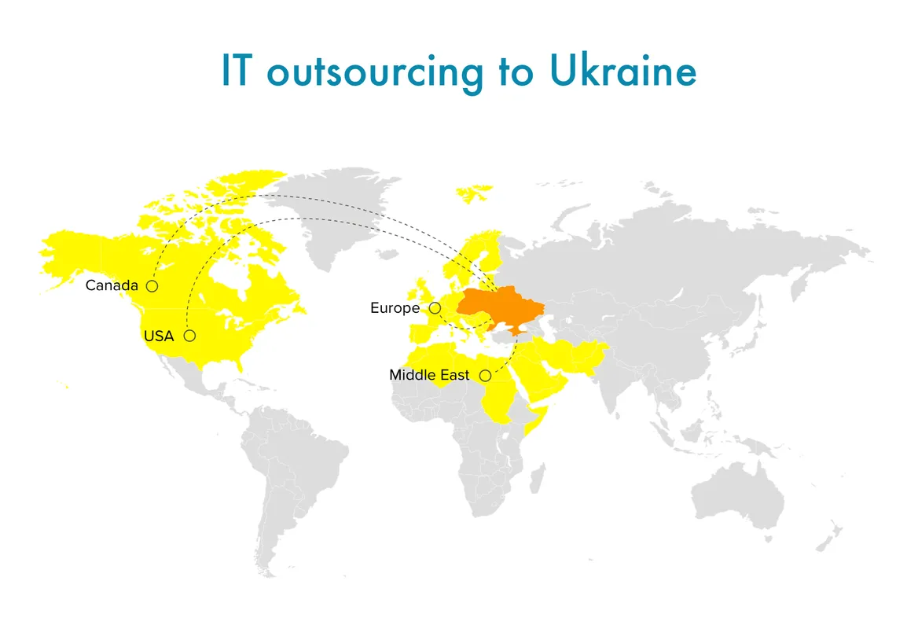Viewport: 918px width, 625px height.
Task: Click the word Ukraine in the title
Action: click(x=622, y=72)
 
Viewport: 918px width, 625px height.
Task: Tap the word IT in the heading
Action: click(x=239, y=72)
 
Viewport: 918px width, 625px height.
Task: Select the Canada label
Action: click(x=112, y=285)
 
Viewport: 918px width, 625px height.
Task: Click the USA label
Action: click(x=158, y=336)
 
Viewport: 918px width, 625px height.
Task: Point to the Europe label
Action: click(x=395, y=308)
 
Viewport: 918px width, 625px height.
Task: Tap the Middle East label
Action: click(x=429, y=375)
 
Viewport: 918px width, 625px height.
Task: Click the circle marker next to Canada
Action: click(x=152, y=286)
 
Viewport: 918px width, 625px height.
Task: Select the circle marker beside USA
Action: click(x=189, y=336)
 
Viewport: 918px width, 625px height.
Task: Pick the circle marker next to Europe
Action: click(x=435, y=308)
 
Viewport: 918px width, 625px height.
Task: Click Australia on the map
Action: click(x=739, y=495)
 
